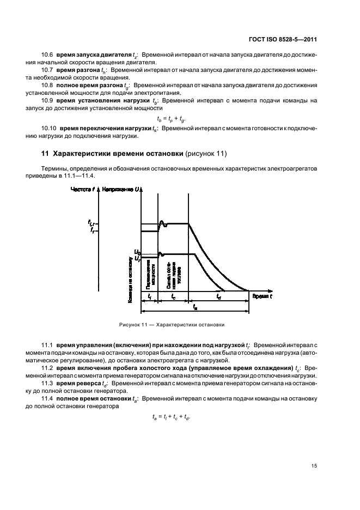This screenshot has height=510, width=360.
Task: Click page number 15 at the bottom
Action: coord(314,465)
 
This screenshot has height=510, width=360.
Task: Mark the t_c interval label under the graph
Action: coord(173,297)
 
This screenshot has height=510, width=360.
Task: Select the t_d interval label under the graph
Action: coord(218,297)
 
